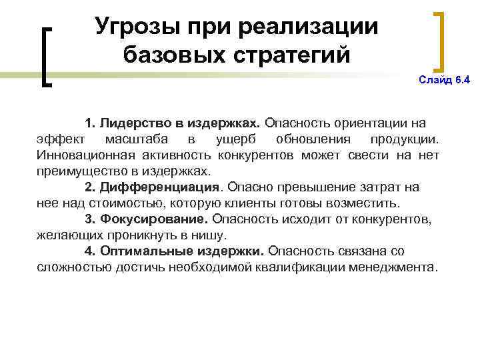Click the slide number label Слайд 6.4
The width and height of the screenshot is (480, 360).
click(x=444, y=81)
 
